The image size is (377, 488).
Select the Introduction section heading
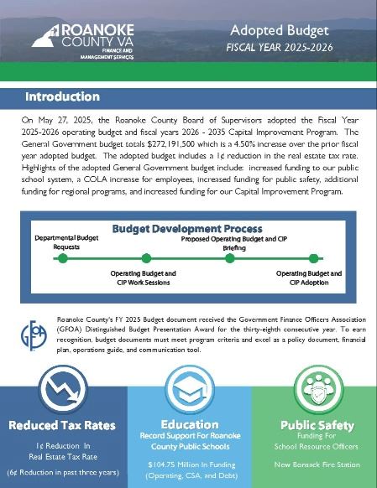[62, 96]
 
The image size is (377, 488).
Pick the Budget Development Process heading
[186, 228]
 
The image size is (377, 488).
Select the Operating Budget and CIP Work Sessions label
[144, 278]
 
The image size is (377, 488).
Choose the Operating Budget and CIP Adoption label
[309, 278]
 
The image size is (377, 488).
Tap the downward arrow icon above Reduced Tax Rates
[63, 390]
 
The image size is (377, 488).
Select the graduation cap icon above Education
[188, 390]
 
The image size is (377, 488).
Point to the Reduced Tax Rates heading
[63, 425]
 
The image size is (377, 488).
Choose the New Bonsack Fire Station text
[313, 463]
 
